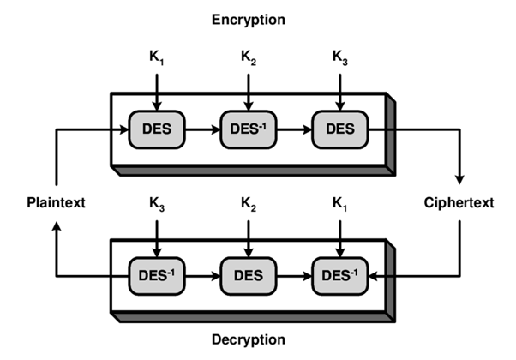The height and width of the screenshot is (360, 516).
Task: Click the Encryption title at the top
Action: (249, 20)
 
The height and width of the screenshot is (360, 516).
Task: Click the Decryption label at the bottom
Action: (249, 339)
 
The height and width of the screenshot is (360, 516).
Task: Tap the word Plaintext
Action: (56, 202)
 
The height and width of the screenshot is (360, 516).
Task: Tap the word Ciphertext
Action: (459, 202)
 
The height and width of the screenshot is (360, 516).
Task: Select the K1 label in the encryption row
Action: (157, 57)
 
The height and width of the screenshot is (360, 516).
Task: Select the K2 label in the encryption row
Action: (249, 57)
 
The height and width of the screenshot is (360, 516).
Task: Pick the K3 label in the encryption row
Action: (340, 57)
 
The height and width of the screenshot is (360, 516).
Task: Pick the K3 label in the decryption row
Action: (157, 204)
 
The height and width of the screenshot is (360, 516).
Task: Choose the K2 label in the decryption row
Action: (249, 204)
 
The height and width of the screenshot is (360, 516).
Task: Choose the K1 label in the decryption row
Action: (340, 204)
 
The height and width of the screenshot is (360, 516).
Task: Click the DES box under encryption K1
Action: (157, 129)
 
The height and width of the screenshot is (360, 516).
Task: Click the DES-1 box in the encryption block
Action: (249, 129)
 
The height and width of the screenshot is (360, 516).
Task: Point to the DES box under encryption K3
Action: (340, 129)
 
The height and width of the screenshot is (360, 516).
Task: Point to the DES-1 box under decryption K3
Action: (157, 276)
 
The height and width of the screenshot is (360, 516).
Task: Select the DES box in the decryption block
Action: (249, 276)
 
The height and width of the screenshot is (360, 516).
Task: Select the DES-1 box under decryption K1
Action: (340, 276)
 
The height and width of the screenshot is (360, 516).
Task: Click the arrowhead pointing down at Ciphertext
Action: (459, 180)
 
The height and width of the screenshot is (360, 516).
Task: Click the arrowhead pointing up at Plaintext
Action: (57, 225)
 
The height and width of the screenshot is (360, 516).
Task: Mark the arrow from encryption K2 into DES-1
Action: (249, 92)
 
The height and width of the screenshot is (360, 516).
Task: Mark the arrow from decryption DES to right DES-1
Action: (294, 276)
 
